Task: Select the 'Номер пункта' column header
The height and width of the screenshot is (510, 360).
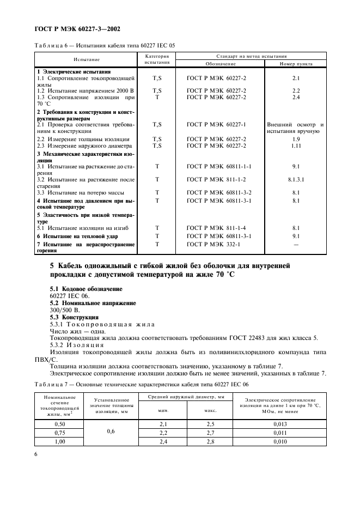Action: (x=296, y=64)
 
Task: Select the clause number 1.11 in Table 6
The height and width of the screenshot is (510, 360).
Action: (x=296, y=145)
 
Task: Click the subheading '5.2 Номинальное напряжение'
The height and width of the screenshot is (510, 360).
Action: (x=93, y=302)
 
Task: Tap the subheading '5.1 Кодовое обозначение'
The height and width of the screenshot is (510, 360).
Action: (x=86, y=288)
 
